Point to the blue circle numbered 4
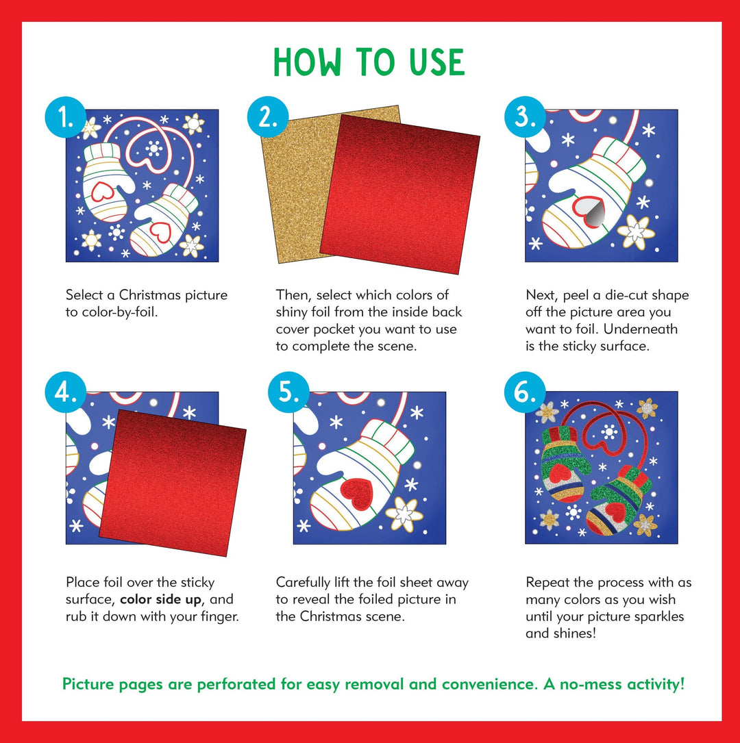[66, 394]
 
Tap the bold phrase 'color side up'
[163, 600]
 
